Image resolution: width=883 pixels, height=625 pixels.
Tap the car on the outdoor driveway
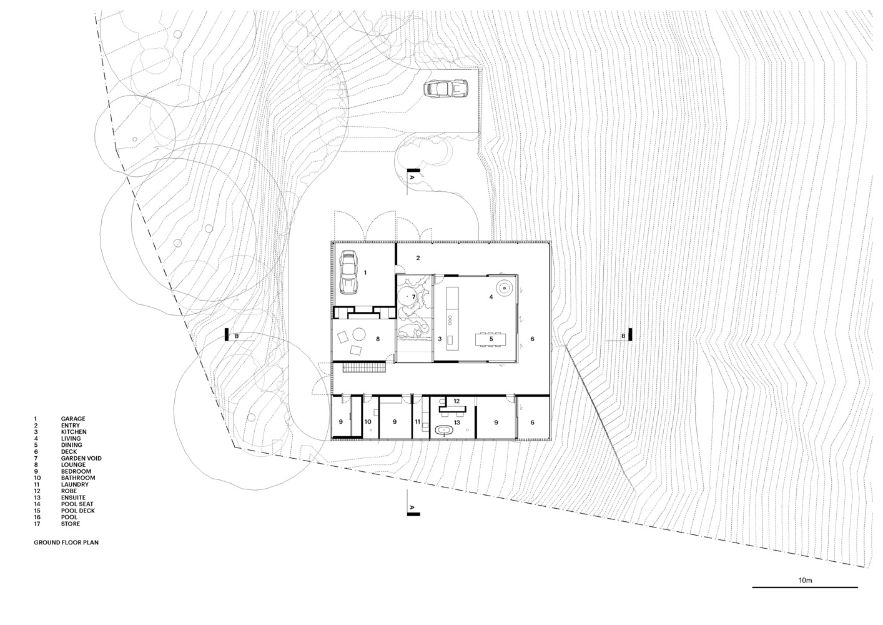click(x=445, y=88)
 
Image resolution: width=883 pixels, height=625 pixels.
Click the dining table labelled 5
click(x=491, y=339)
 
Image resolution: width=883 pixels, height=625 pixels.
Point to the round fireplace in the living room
click(x=504, y=288)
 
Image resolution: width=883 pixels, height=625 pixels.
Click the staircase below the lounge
click(x=364, y=368)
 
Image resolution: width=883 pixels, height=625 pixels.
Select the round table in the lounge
click(x=358, y=334)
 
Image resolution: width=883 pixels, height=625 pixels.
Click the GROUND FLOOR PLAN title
click(x=66, y=542)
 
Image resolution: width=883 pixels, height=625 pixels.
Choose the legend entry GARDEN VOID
click(x=81, y=458)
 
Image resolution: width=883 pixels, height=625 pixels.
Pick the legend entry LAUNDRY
click(x=75, y=484)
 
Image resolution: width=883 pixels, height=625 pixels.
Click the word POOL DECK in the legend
click(x=78, y=511)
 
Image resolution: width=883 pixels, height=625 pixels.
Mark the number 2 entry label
click(x=418, y=258)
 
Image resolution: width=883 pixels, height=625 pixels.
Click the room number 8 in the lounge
click(x=378, y=339)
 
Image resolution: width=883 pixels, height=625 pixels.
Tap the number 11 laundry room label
click(x=417, y=422)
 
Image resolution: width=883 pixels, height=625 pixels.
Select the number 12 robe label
click(x=456, y=401)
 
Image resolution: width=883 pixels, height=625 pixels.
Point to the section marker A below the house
click(x=413, y=509)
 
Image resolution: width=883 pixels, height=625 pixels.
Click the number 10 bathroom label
click(x=368, y=422)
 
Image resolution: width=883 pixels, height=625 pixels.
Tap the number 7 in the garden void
click(x=413, y=297)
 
